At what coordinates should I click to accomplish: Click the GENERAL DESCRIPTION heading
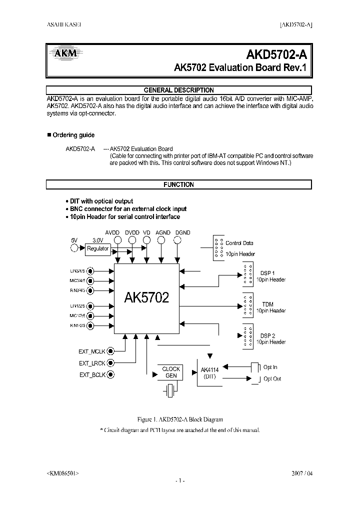point(178,90)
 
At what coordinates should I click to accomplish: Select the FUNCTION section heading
point(178,184)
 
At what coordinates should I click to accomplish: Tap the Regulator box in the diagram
point(97,248)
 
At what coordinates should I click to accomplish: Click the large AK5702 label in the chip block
point(146,298)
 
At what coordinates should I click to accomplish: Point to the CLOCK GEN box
point(171,372)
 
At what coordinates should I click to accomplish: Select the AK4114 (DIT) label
point(209,373)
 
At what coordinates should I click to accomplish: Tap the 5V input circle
point(74,248)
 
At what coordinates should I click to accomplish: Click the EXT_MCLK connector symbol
point(111,351)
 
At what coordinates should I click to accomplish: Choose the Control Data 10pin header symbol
point(218,247)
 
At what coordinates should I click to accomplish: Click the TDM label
point(267,304)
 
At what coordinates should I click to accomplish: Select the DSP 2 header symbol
point(246,336)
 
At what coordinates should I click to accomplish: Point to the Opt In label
point(270,367)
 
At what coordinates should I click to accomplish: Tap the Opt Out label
point(272,379)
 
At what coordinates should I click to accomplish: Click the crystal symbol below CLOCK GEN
point(171,390)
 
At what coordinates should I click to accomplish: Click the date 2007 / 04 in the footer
point(301,472)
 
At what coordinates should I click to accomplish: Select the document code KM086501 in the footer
point(62,472)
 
